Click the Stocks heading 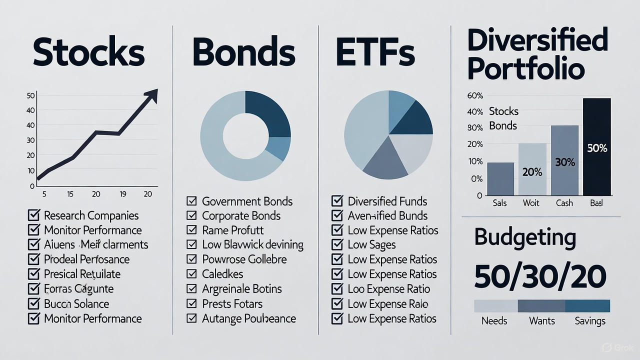coord(88,52)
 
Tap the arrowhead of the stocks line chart coord(151,95)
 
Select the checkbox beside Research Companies coord(33,215)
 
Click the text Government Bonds coord(247,201)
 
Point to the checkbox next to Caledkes coord(191,274)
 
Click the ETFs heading coord(375,52)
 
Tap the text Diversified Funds coord(387,201)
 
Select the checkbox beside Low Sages coord(337,245)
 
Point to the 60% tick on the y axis coord(475,95)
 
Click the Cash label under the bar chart coord(564,203)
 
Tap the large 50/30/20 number coord(540,276)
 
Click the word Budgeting coord(525,237)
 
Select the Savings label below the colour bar coord(590,321)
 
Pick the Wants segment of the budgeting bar coord(541,305)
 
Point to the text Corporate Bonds coord(241,216)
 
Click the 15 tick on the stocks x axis coord(70,194)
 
